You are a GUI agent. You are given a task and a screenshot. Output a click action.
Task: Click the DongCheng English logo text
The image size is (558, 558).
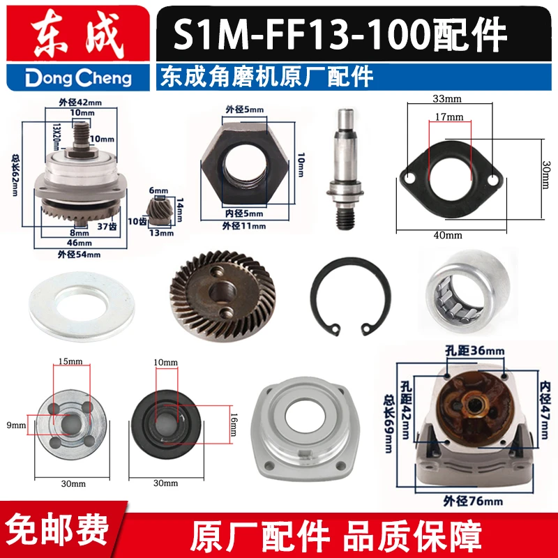point(78,78)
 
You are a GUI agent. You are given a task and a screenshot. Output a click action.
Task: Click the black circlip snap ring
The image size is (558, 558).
point(351,296)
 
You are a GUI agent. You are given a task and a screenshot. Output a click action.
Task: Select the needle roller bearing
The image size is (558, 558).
point(469,291)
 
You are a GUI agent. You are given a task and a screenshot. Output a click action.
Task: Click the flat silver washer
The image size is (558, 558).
point(82,306)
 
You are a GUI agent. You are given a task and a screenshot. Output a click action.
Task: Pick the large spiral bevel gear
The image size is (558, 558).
point(223,295)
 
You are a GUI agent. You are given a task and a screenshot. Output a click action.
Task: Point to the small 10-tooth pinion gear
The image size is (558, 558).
point(159,212)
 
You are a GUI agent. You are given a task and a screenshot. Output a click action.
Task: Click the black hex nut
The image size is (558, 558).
point(245,163)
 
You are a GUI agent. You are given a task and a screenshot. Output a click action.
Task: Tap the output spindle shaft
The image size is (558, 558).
point(345,169)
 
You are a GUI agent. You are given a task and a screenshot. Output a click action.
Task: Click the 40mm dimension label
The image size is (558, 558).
point(448,235)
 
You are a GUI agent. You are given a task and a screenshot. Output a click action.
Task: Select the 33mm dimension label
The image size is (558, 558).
point(447,98)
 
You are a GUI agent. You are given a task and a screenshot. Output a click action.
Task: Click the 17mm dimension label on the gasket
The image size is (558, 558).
point(449,116)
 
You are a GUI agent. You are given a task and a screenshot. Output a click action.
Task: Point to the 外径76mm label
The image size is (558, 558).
point(473,502)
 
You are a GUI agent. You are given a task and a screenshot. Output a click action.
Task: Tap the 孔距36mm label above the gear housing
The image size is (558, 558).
point(475,351)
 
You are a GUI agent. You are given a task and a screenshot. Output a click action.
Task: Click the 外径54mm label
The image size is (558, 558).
point(79,255)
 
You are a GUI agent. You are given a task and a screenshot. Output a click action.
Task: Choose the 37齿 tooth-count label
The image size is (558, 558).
point(107,226)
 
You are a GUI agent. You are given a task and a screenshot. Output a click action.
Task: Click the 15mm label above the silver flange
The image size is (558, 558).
point(70,361)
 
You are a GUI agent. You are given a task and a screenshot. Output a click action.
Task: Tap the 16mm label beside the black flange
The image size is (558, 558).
point(234,425)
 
